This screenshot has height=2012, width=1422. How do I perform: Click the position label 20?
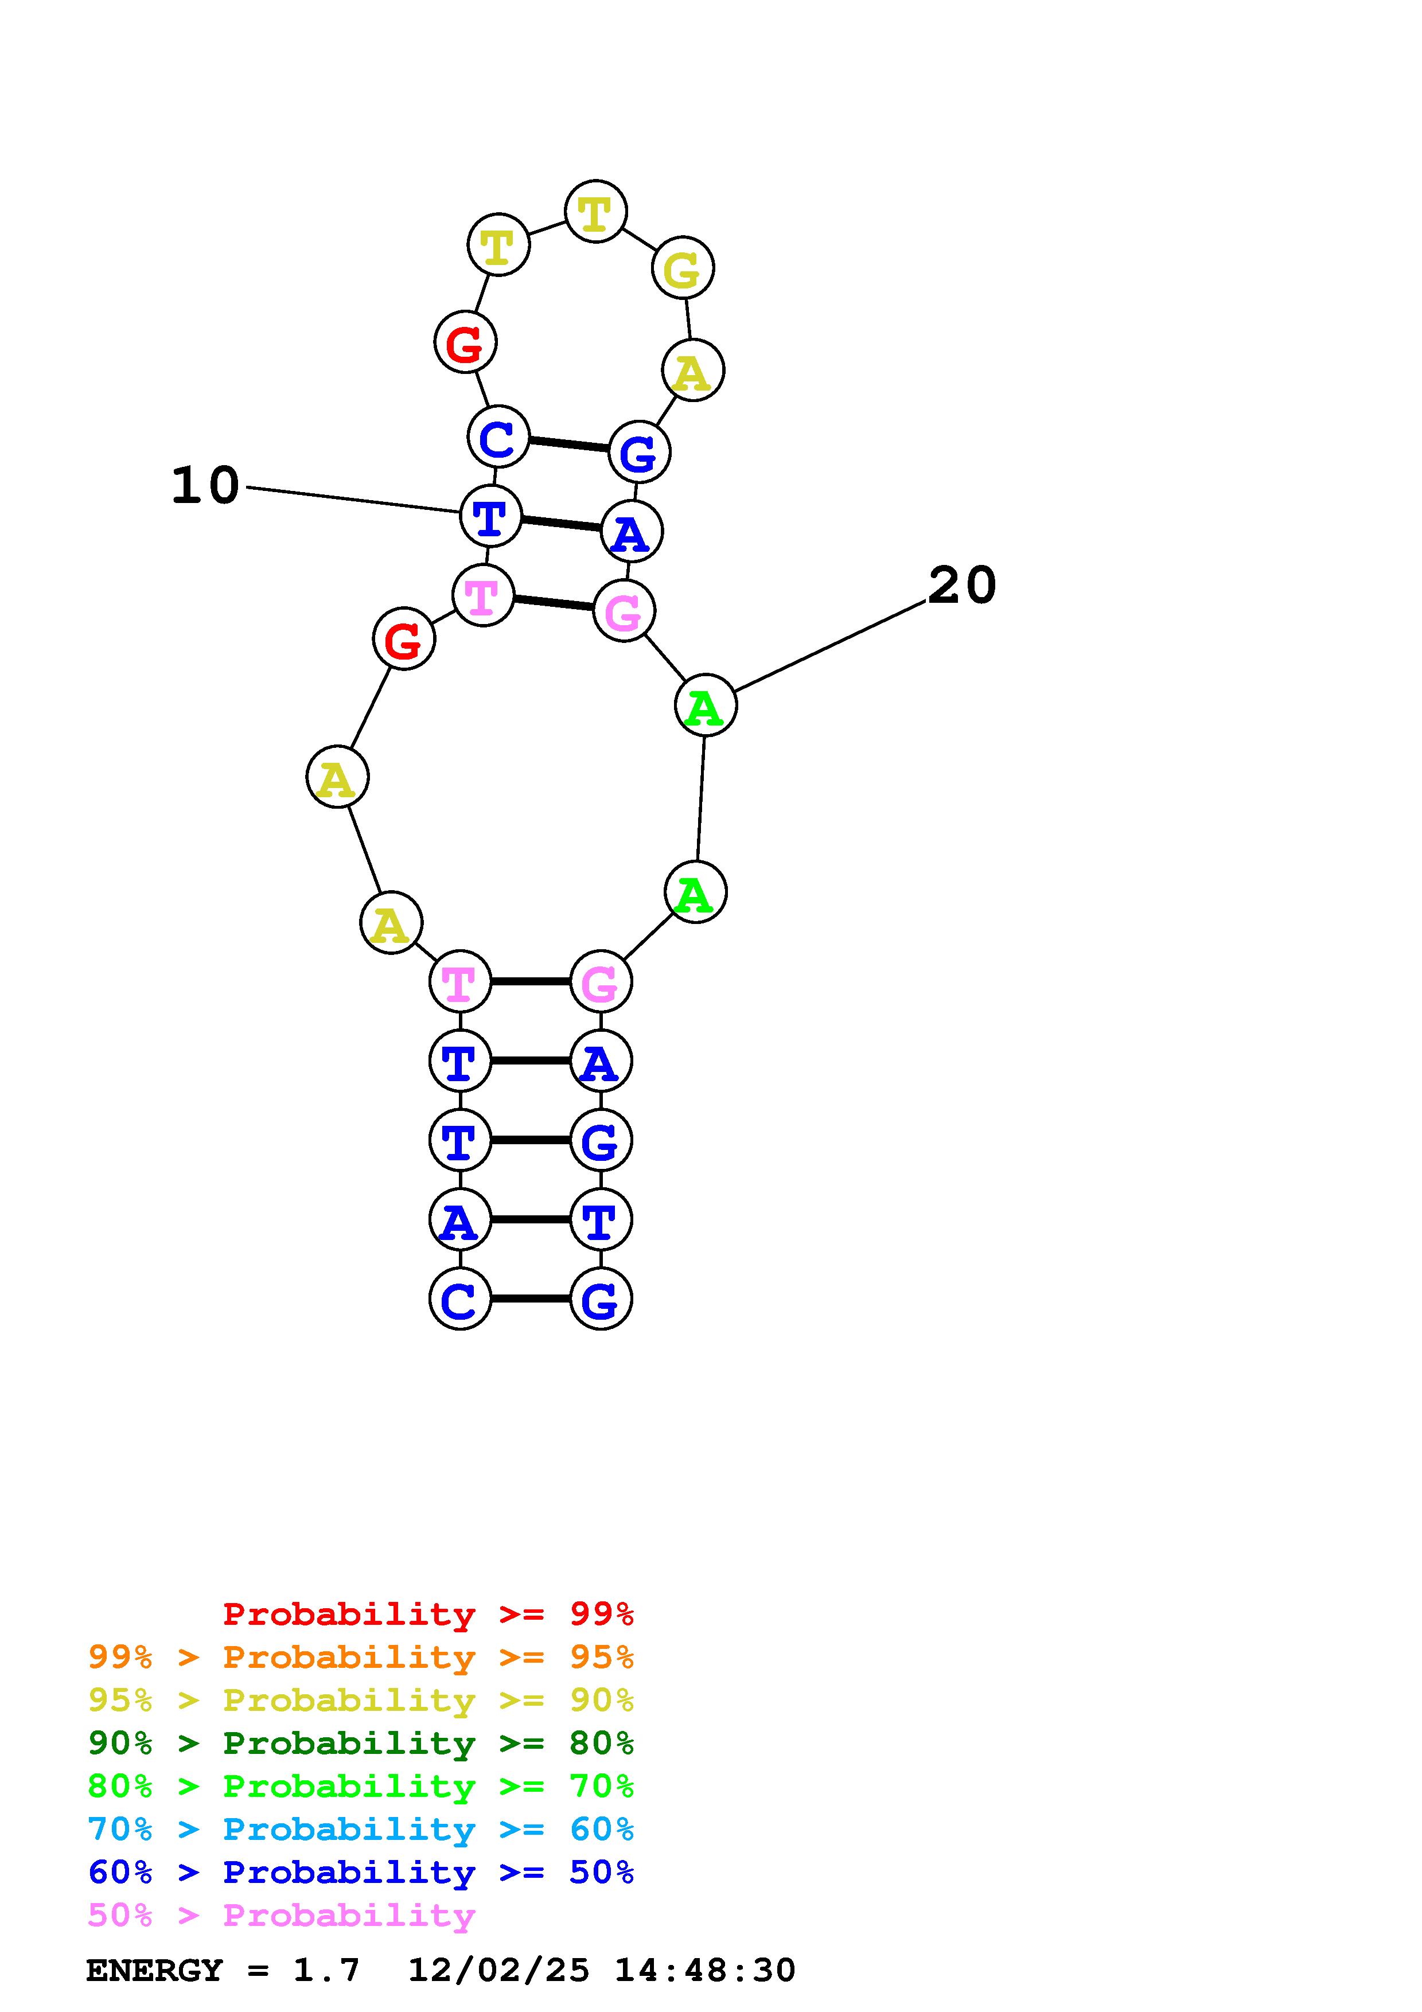[962, 586]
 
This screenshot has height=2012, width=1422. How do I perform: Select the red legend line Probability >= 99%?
[428, 1613]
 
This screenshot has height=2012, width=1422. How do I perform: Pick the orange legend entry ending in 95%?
[361, 1657]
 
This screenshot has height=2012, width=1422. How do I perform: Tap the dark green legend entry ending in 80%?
[361, 1743]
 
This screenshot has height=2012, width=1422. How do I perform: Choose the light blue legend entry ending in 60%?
[361, 1829]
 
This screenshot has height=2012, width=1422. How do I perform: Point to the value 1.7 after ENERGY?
[326, 1970]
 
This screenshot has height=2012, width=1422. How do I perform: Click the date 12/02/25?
[498, 1970]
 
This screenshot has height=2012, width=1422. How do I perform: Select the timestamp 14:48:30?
[706, 1970]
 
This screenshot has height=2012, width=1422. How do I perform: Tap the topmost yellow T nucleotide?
[596, 212]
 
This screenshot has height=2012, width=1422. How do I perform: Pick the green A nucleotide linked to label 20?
[706, 705]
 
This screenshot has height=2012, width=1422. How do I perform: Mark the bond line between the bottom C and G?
[530, 1299]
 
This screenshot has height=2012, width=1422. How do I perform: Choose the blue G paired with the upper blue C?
[638, 452]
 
